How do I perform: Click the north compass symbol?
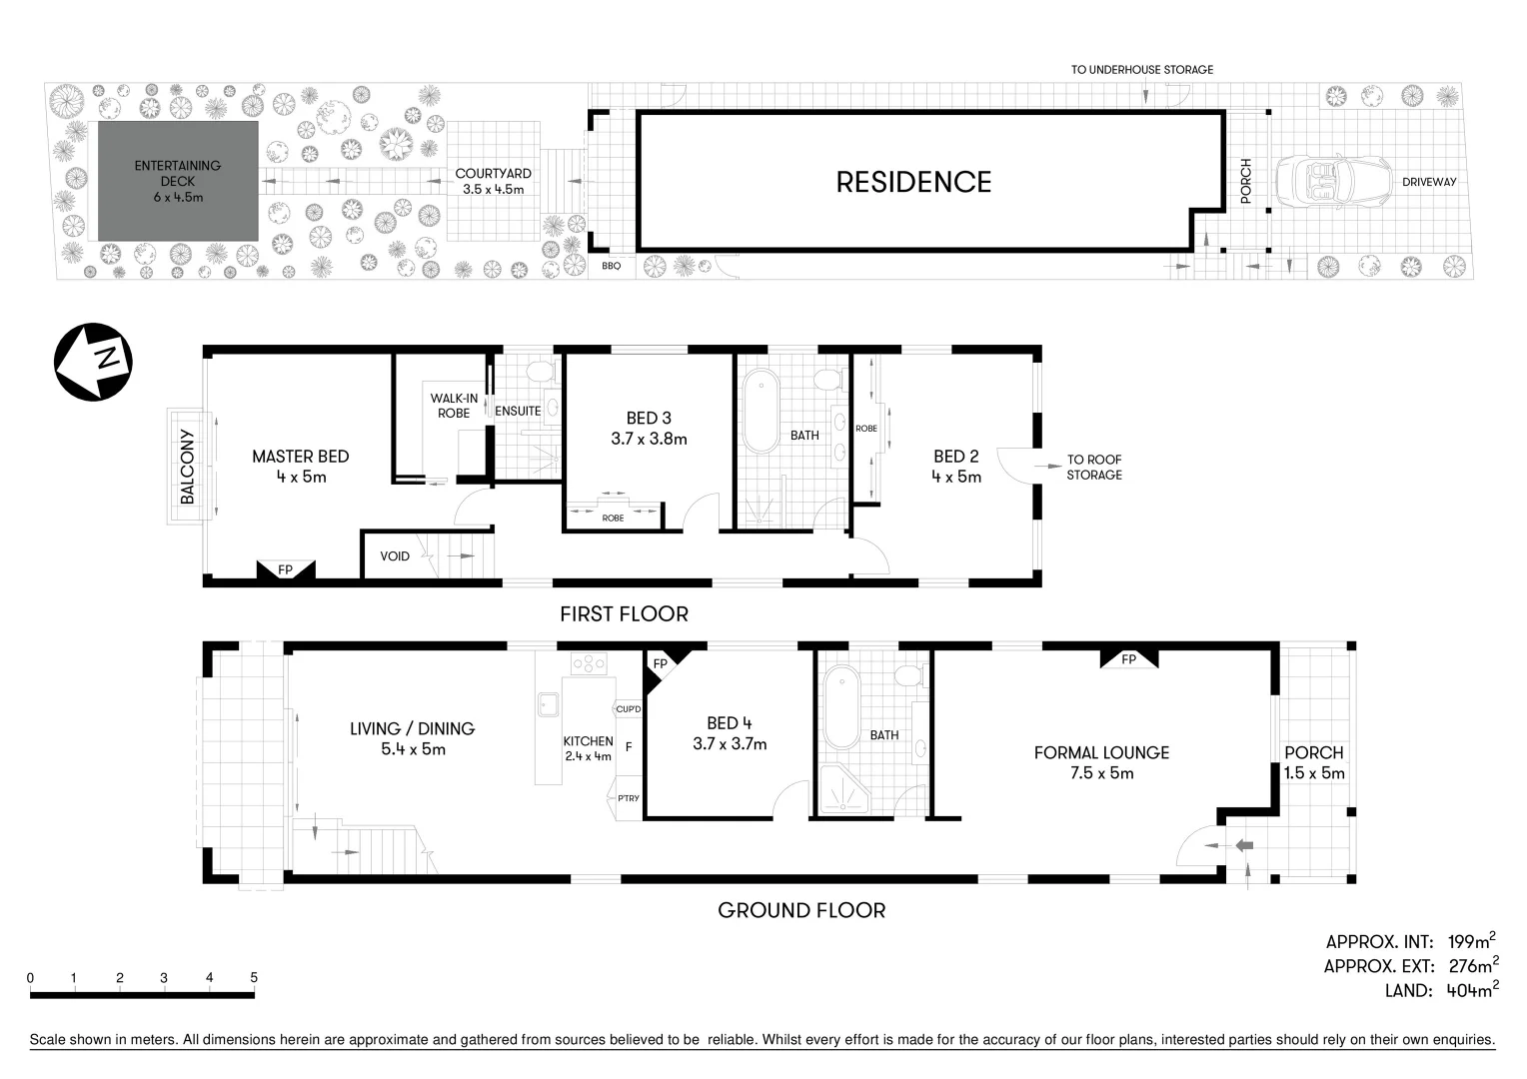[93, 362]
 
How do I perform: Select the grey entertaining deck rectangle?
[177, 181]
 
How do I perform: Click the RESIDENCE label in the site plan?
[913, 182]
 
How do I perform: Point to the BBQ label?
[612, 266]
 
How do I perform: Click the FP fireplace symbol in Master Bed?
[286, 569]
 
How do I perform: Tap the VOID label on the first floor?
[395, 556]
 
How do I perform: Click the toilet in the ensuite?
[540, 373]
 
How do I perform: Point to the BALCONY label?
[187, 467]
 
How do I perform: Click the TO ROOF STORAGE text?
[1093, 468]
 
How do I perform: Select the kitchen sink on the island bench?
[547, 705]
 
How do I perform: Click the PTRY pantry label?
[628, 797]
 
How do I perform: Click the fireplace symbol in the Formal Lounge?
[1128, 659]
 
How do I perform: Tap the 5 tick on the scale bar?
[254, 978]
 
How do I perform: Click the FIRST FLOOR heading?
[624, 613]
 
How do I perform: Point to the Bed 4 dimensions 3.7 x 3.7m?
[730, 743]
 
